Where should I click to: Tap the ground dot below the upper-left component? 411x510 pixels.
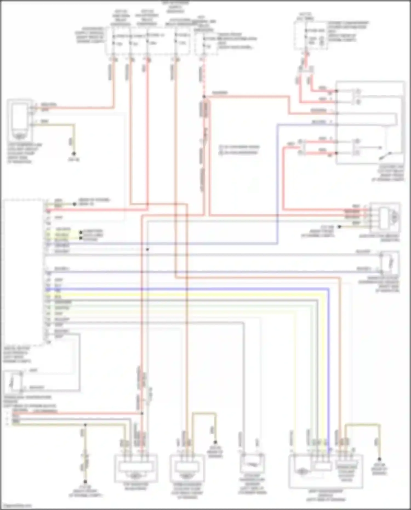tap(74, 154)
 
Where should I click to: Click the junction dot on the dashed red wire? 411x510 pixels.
tap(204, 96)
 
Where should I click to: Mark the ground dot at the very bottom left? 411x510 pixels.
tap(85, 481)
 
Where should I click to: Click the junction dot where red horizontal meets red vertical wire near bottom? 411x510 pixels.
tap(142, 413)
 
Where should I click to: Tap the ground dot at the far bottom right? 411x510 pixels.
tap(379, 459)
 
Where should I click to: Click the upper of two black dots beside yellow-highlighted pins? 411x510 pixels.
tap(81, 233)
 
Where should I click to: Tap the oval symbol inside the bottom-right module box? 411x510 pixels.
tap(301, 471)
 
